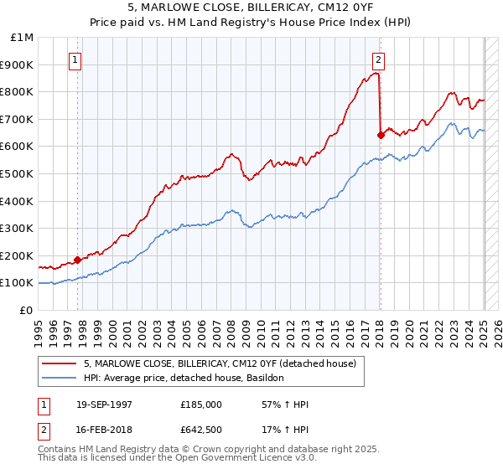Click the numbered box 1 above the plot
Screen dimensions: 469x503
pyautogui.click(x=76, y=59)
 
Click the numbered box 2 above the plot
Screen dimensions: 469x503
pyautogui.click(x=379, y=59)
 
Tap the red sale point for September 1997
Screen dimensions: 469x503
pyautogui.click(x=77, y=260)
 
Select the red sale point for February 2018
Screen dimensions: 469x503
pyautogui.click(x=381, y=134)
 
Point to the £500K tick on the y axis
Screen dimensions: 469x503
pyautogui.click(x=18, y=173)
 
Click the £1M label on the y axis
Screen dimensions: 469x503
pyautogui.click(x=23, y=37)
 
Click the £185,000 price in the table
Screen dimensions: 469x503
pyautogui.click(x=200, y=405)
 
